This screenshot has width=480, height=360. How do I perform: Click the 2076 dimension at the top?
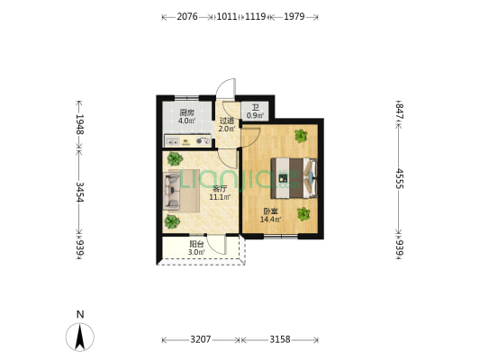tap(187, 16)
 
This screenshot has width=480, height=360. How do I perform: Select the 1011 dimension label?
tap(227, 16)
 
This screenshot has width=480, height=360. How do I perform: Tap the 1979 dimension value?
tap(294, 16)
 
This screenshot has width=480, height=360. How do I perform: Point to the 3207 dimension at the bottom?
tap(201, 339)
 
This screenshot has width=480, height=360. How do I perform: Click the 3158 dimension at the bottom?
tap(280, 339)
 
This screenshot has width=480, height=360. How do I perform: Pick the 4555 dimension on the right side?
tap(399, 178)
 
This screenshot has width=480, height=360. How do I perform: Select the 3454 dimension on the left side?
tap(79, 192)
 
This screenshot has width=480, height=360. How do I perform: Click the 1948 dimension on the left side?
tap(79, 124)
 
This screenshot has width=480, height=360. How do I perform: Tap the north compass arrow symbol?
tap(80, 337)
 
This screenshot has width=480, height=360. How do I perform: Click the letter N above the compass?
tap(80, 314)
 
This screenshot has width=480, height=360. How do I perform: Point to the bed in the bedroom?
tap(294, 177)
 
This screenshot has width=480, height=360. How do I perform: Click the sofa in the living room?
tap(171, 191)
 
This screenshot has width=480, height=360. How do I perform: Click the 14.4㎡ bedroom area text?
tap(270, 220)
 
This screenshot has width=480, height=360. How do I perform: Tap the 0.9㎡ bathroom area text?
tap(255, 115)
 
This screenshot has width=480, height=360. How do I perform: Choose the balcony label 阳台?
tap(197, 245)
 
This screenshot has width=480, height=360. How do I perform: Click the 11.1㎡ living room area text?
tap(220, 197)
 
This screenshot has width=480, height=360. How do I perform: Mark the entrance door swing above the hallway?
tap(226, 88)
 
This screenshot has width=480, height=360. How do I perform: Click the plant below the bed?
tap(303, 214)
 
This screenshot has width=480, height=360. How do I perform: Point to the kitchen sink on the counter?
tap(172, 141)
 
